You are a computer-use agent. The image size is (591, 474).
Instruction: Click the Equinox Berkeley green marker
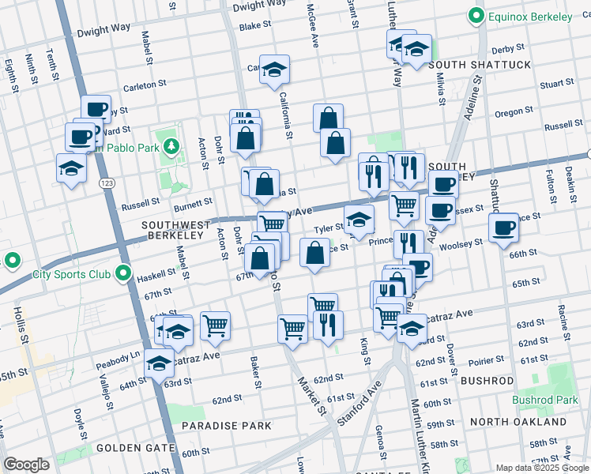pos(476,15)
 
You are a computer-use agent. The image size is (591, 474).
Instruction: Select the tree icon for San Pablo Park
pos(171,146)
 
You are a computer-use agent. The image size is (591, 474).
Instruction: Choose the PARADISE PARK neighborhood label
pos(226,425)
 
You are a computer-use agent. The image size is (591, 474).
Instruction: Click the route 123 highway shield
pos(104,182)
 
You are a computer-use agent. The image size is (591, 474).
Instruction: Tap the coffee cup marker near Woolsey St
pos(503,229)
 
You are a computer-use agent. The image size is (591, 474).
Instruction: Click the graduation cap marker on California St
pos(274,70)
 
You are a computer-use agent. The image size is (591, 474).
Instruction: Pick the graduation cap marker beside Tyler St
pos(359,220)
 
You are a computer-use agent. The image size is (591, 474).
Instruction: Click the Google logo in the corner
pos(26,465)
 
